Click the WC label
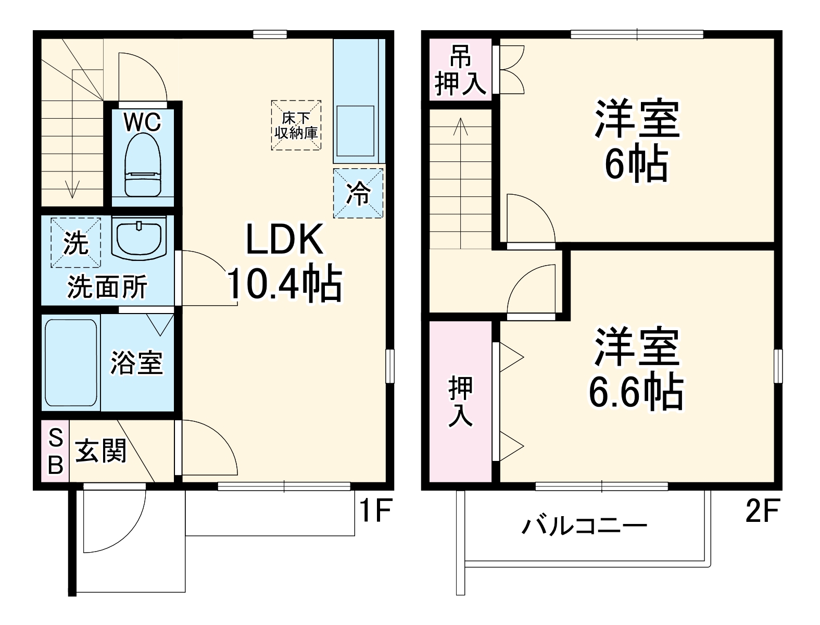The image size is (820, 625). tap(142, 122)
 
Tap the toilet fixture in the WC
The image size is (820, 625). tap(142, 166)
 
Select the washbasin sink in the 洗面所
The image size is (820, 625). tap(139, 238)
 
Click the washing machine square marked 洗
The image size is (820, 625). tap(75, 243)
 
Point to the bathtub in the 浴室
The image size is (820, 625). tap(71, 363)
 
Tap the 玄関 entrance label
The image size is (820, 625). tap(102, 451)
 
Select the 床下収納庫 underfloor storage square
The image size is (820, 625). tap(296, 126)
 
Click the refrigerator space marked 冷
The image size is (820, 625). tap(358, 193)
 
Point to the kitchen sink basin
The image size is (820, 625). tap(356, 131)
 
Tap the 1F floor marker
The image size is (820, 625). tap(375, 511)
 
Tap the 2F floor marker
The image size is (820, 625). tap(762, 511)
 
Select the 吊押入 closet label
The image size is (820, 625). tap(461, 70)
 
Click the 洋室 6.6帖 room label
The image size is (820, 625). tap(636, 370)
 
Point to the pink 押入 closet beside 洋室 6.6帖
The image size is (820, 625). tap(461, 401)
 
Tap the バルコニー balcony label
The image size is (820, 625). tap(584, 526)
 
